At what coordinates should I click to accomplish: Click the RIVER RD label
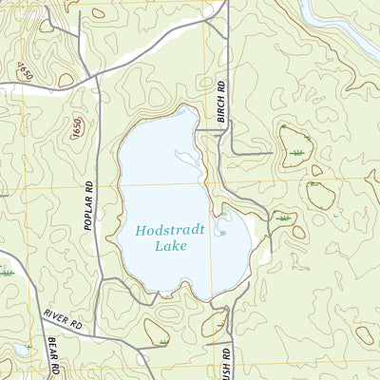tap(63, 320)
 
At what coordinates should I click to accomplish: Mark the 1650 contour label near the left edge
tap(24, 71)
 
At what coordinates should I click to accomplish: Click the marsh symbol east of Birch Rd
tap(300, 152)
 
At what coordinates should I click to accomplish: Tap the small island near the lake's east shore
tap(221, 230)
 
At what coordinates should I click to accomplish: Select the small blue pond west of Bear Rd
tap(21, 351)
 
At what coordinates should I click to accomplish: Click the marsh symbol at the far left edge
tap(8, 272)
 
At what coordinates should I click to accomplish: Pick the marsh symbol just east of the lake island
tap(282, 219)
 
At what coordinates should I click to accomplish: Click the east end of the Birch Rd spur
tap(273, 152)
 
